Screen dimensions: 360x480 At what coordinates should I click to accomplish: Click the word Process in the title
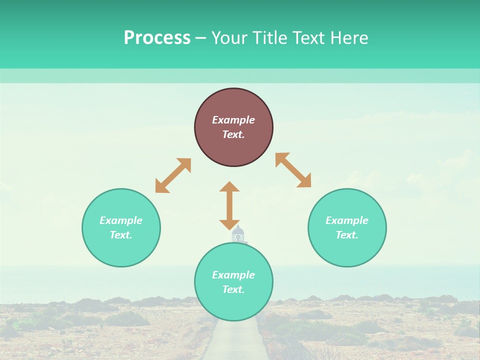pyautogui.click(x=157, y=38)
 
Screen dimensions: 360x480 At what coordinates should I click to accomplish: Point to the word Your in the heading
pyautogui.click(x=229, y=38)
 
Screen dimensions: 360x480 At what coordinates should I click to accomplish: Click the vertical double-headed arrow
pyautogui.click(x=229, y=205)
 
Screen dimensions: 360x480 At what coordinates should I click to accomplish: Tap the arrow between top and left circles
pyautogui.click(x=173, y=175)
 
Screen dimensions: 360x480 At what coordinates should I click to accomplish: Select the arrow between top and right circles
pyautogui.click(x=293, y=170)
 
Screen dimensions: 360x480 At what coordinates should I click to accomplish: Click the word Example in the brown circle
pyautogui.click(x=233, y=120)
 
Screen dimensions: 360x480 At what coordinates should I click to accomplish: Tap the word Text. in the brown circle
pyautogui.click(x=233, y=134)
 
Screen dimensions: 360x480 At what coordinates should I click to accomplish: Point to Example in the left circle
pyautogui.click(x=121, y=220)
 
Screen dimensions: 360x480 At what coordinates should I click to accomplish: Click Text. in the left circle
pyautogui.click(x=121, y=235)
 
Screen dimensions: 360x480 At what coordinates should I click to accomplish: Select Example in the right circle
pyautogui.click(x=347, y=220)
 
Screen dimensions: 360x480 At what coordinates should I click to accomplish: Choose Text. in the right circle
pyautogui.click(x=347, y=235)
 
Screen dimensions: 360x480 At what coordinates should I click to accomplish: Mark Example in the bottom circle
pyautogui.click(x=233, y=275)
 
